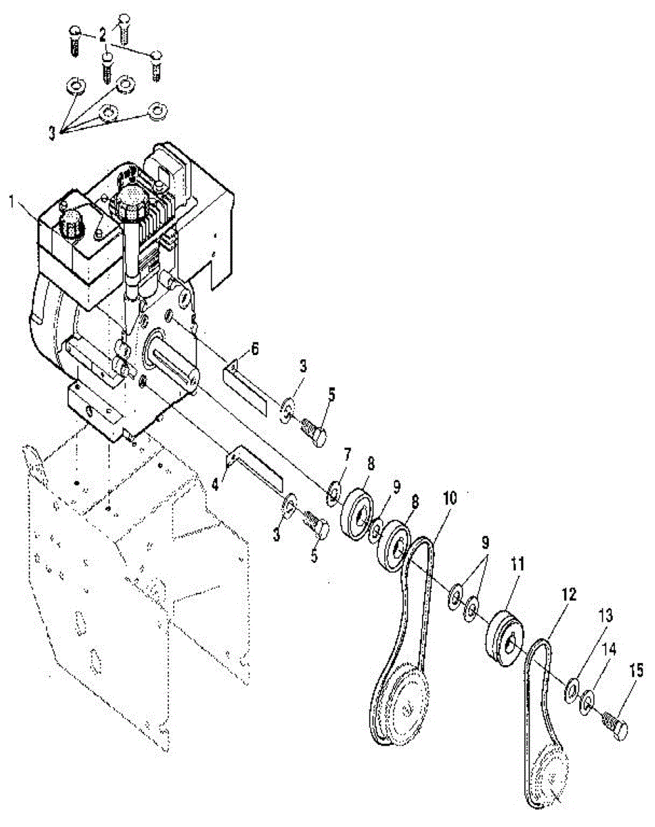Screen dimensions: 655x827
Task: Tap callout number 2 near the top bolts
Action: (102, 33)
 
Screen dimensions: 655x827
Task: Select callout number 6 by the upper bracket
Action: (254, 349)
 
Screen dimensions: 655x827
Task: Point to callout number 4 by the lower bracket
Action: (215, 484)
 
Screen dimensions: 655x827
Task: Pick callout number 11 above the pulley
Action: (517, 565)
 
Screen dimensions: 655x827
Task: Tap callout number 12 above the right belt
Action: (570, 593)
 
